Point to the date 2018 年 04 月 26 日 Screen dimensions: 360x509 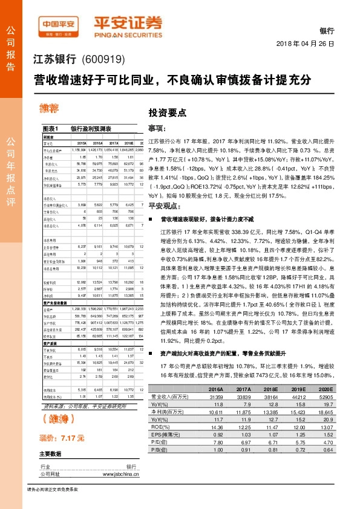pos(309,44)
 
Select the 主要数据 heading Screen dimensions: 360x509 pos(51,453)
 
